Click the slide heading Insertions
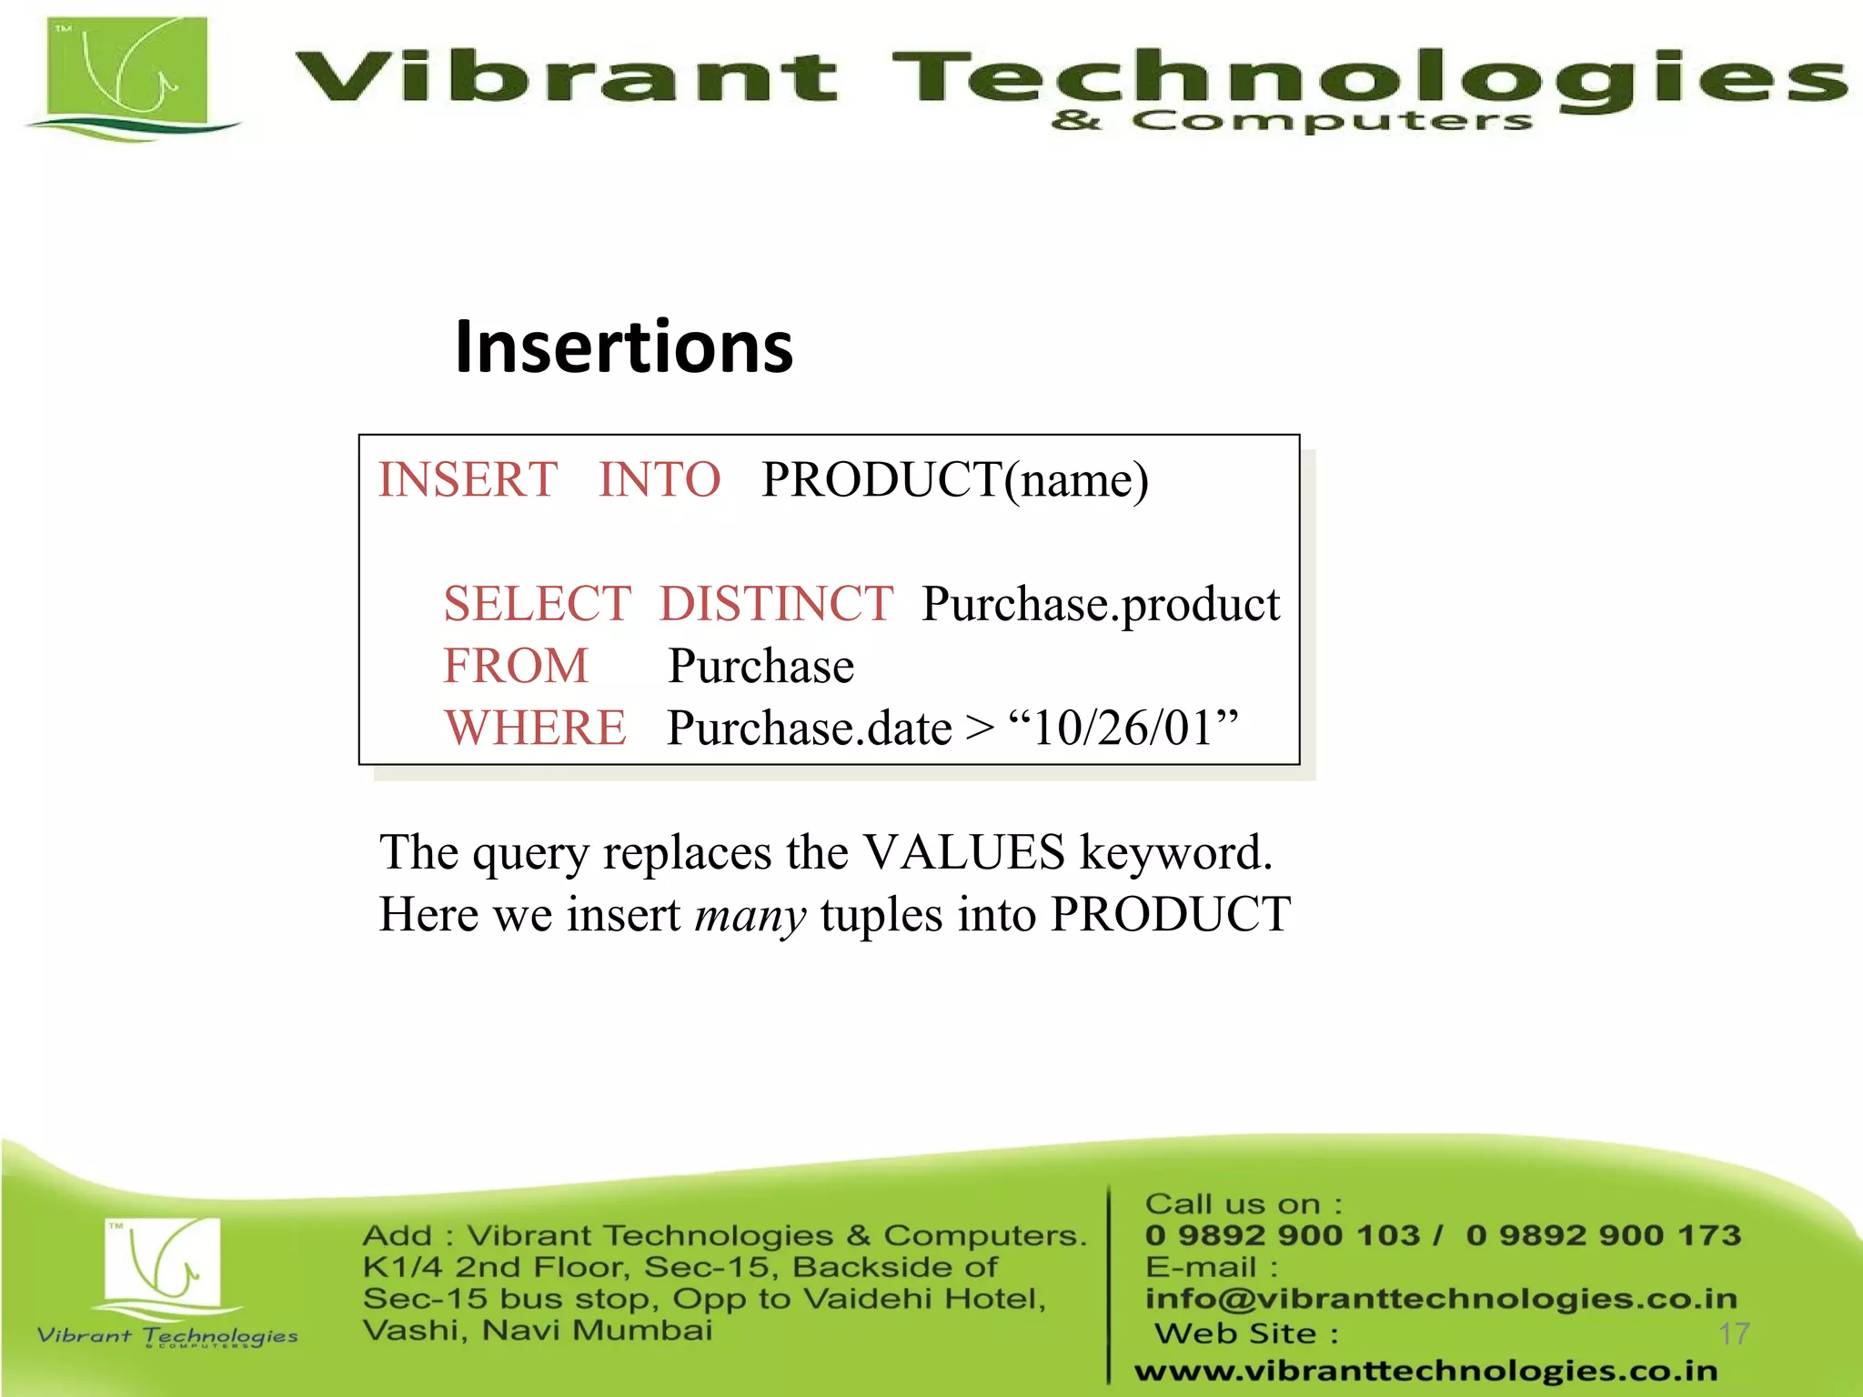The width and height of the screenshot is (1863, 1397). click(x=624, y=347)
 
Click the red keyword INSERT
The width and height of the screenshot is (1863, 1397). click(x=468, y=479)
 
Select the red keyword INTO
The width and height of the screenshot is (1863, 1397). click(x=660, y=479)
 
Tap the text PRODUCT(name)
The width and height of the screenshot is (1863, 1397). click(x=955, y=480)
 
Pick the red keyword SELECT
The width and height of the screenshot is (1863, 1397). click(x=537, y=604)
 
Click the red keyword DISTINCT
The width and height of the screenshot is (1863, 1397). click(x=776, y=604)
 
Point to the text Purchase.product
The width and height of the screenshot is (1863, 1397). click(x=1101, y=605)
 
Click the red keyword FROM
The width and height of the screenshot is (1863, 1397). click(x=516, y=666)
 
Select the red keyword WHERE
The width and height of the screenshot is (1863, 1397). click(x=536, y=728)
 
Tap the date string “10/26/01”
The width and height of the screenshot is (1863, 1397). click(x=1124, y=728)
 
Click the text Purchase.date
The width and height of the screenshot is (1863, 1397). click(x=810, y=729)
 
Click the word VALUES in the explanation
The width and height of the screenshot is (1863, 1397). click(x=963, y=852)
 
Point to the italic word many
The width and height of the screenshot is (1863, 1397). click(x=750, y=915)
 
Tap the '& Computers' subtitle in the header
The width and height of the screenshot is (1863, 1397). click(x=1292, y=121)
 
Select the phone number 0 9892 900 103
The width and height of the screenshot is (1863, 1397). click(x=1283, y=1235)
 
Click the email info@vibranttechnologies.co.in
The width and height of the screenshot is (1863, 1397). click(x=1441, y=1299)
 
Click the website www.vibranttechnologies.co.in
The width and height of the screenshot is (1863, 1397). click(x=1425, y=1370)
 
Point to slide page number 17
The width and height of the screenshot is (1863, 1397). click(x=1734, y=1333)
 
